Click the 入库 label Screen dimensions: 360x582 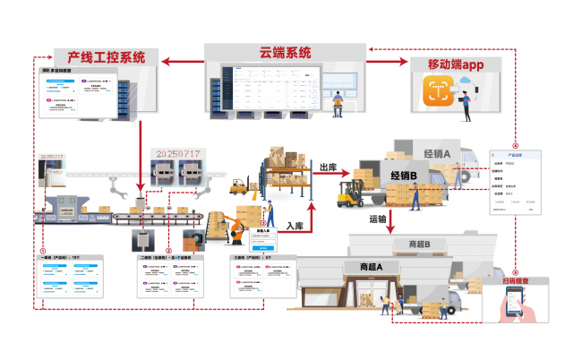point(295,227)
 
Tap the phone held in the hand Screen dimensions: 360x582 point(507,305)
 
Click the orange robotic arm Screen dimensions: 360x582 point(235,227)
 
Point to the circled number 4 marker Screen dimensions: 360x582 point(515,145)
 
